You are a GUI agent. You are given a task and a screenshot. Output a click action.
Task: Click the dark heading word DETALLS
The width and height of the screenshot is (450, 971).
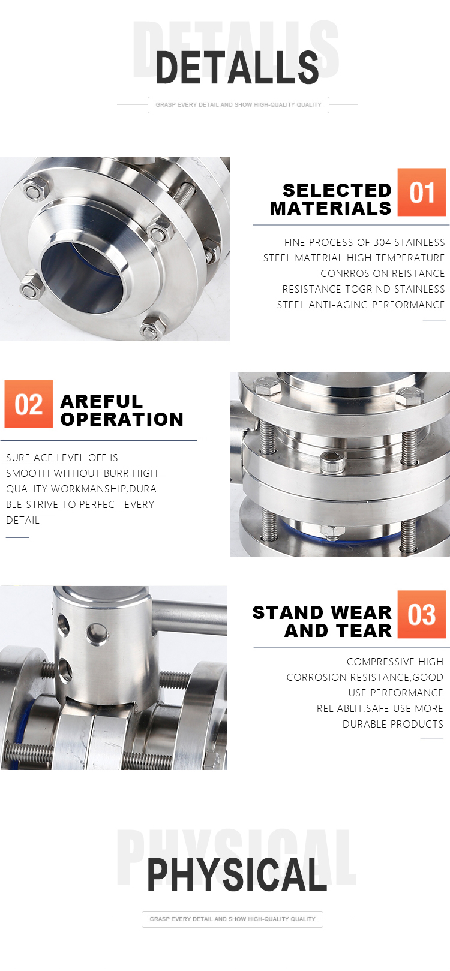pos(237,67)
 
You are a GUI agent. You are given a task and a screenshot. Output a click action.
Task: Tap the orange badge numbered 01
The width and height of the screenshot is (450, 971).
pos(422,192)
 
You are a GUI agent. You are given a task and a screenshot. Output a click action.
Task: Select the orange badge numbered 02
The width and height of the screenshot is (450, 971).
pos(29,404)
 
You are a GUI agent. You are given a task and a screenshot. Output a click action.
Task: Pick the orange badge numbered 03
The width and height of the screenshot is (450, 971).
pos(422,614)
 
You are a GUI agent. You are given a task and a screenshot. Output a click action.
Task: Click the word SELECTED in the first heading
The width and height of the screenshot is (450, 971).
pos(337,190)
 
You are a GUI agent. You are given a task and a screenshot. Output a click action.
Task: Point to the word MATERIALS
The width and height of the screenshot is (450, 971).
pos(331,209)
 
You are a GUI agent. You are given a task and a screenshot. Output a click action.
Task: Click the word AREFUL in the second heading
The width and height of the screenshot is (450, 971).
pos(101,401)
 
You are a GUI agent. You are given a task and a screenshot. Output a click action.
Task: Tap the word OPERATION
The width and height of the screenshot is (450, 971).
pos(122,420)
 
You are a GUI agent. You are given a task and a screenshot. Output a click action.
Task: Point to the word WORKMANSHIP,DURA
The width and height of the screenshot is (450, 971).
pos(104,489)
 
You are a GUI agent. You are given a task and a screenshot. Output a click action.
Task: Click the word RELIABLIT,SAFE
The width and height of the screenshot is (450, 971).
pos(352,708)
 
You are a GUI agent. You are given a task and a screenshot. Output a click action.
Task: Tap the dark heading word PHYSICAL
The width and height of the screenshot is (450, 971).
pos(237,875)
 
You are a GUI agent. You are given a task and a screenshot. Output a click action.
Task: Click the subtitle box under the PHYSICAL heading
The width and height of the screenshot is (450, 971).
pos(232,919)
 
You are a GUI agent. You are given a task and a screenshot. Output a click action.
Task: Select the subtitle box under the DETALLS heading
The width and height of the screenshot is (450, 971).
pos(238,105)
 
